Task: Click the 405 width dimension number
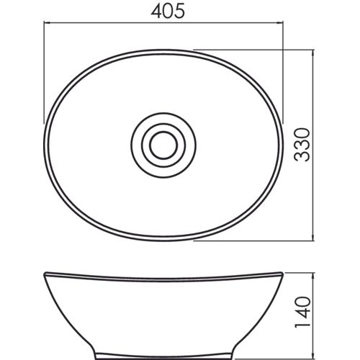tap(168, 12)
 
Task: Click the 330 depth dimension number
tap(302, 145)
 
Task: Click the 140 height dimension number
tap(302, 312)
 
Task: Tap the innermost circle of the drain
tap(163, 145)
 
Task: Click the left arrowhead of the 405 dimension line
tap(47, 23)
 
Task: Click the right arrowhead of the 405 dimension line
tap(280, 23)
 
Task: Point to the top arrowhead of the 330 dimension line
tap(312, 53)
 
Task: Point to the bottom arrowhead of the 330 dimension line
tap(312, 237)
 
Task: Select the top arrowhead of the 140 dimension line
tap(312, 276)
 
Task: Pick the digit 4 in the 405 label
tap(156, 12)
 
